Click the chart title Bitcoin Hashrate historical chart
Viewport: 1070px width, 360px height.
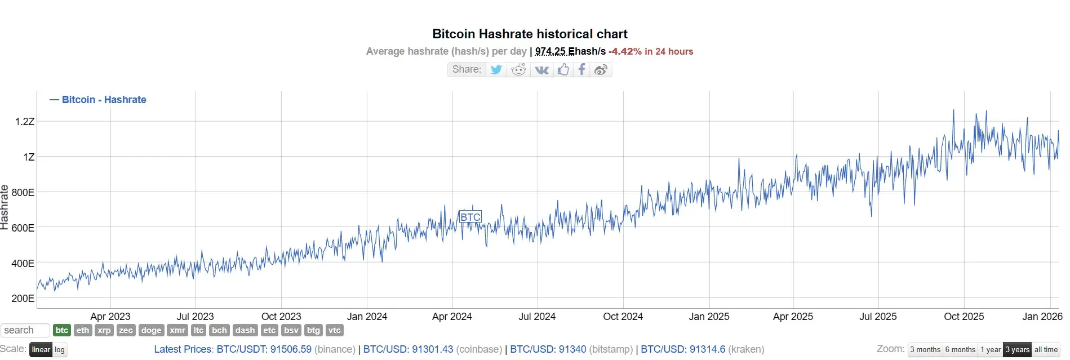(x=530, y=34)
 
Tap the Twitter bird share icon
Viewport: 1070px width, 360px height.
(x=496, y=69)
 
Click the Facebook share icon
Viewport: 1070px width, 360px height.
(x=581, y=69)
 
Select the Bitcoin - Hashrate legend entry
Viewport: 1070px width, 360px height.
(x=98, y=100)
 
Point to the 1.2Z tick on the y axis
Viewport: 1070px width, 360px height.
(x=25, y=122)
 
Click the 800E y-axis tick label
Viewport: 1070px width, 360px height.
(x=23, y=193)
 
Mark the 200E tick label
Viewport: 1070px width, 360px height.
(x=23, y=299)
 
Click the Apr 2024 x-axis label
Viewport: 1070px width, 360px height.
(x=452, y=317)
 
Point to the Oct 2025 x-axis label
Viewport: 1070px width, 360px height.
(x=964, y=317)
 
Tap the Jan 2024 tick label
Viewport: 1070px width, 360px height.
(x=367, y=317)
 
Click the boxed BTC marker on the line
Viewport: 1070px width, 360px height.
(x=470, y=217)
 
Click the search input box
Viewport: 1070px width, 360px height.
(x=25, y=331)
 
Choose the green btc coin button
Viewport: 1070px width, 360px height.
(x=62, y=331)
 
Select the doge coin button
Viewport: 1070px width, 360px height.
(x=151, y=331)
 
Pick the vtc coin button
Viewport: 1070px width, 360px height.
(x=335, y=331)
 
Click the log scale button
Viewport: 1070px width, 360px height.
(x=60, y=350)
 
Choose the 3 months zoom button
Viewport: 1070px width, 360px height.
(x=925, y=350)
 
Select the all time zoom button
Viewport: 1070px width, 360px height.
(x=1046, y=350)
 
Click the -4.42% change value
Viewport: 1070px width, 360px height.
(x=625, y=51)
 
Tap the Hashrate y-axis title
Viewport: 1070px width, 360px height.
(x=5, y=207)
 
